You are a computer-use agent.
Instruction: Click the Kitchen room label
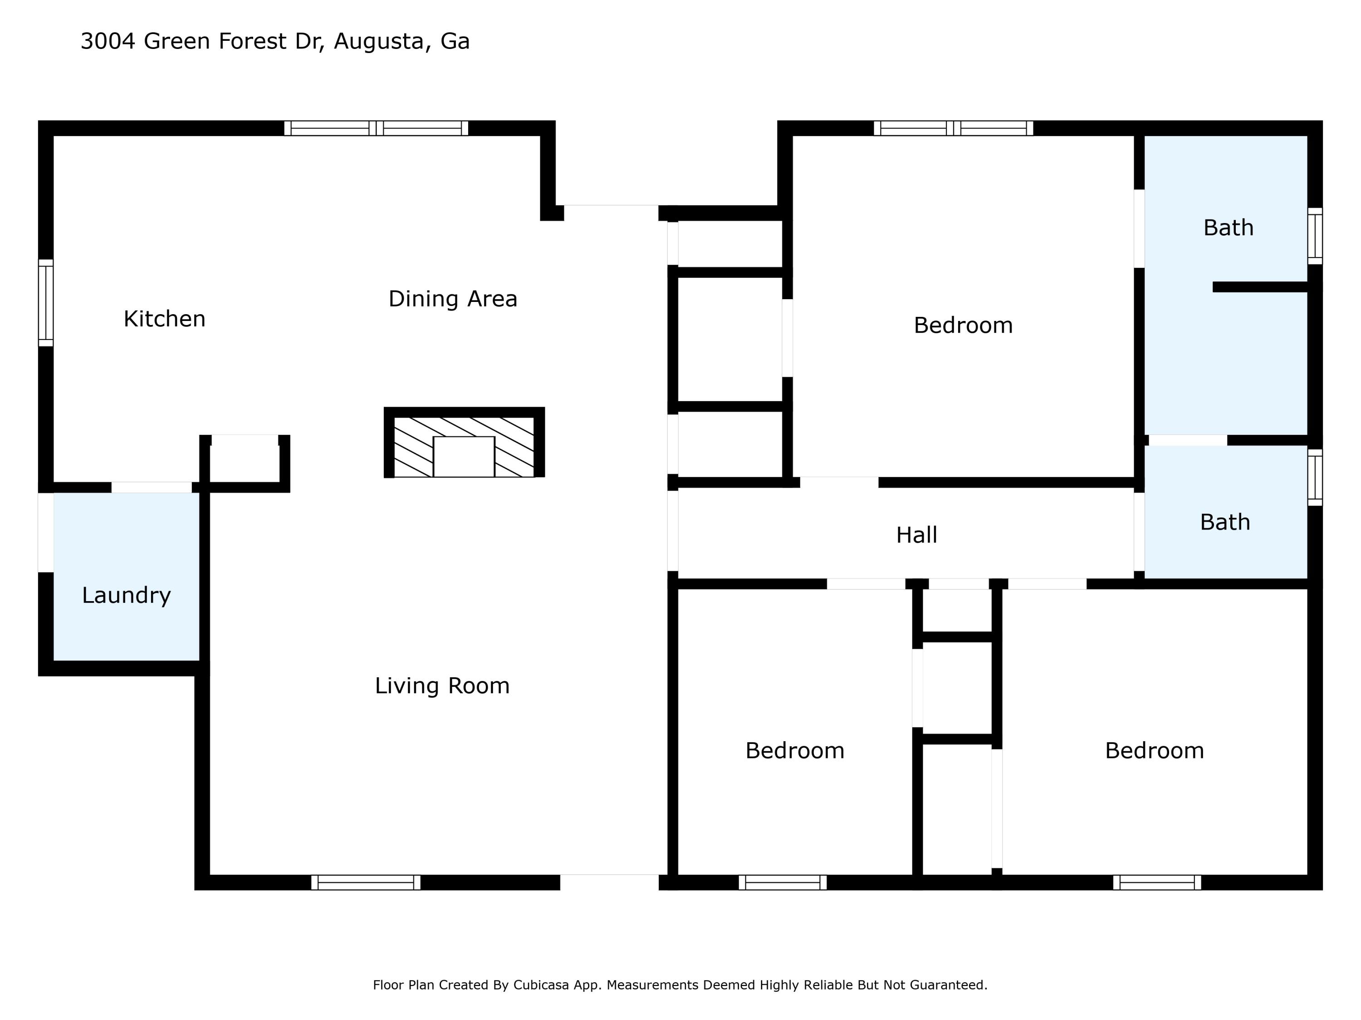tap(164, 319)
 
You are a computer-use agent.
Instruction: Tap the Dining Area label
tap(453, 299)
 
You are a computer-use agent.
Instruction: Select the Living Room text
tap(442, 685)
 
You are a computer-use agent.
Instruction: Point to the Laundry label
tap(126, 595)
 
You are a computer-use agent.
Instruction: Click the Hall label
tap(917, 535)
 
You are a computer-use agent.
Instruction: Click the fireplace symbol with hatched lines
tap(464, 442)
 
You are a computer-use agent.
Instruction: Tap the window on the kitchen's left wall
tap(45, 302)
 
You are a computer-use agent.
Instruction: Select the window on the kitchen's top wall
tap(376, 128)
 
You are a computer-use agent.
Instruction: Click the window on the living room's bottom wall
tap(366, 882)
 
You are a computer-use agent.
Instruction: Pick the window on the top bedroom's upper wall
tap(953, 128)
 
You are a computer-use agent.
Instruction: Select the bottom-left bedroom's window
tap(783, 882)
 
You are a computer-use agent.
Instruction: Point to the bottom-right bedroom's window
tap(1157, 882)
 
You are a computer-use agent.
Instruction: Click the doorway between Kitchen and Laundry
tap(152, 487)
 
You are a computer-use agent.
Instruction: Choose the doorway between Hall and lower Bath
tap(1140, 532)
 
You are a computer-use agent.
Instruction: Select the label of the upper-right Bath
tap(1228, 228)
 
